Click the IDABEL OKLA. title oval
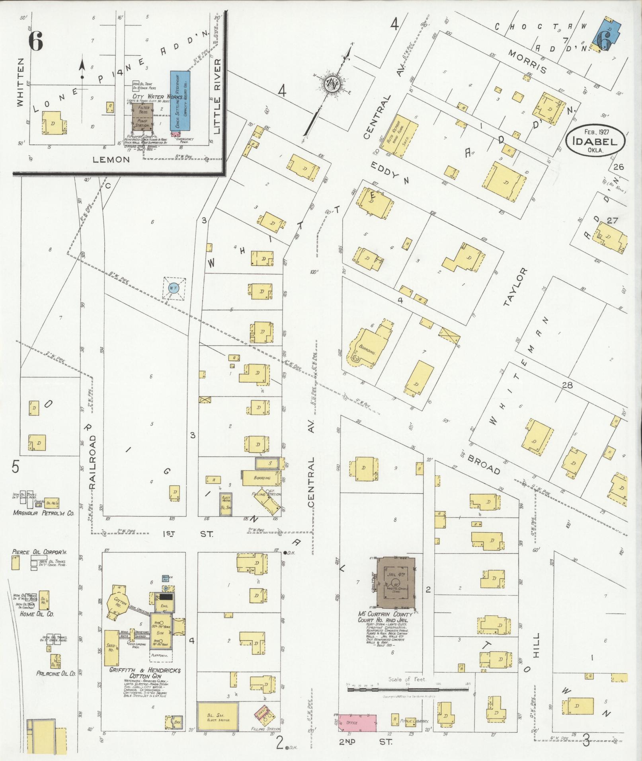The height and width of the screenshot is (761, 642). point(596,141)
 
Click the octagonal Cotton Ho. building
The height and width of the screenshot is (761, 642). point(118,603)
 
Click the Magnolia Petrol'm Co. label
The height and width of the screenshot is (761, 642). point(43,513)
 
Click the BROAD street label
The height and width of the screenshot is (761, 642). point(484,463)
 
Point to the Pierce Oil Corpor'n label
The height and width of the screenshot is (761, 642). point(39,552)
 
